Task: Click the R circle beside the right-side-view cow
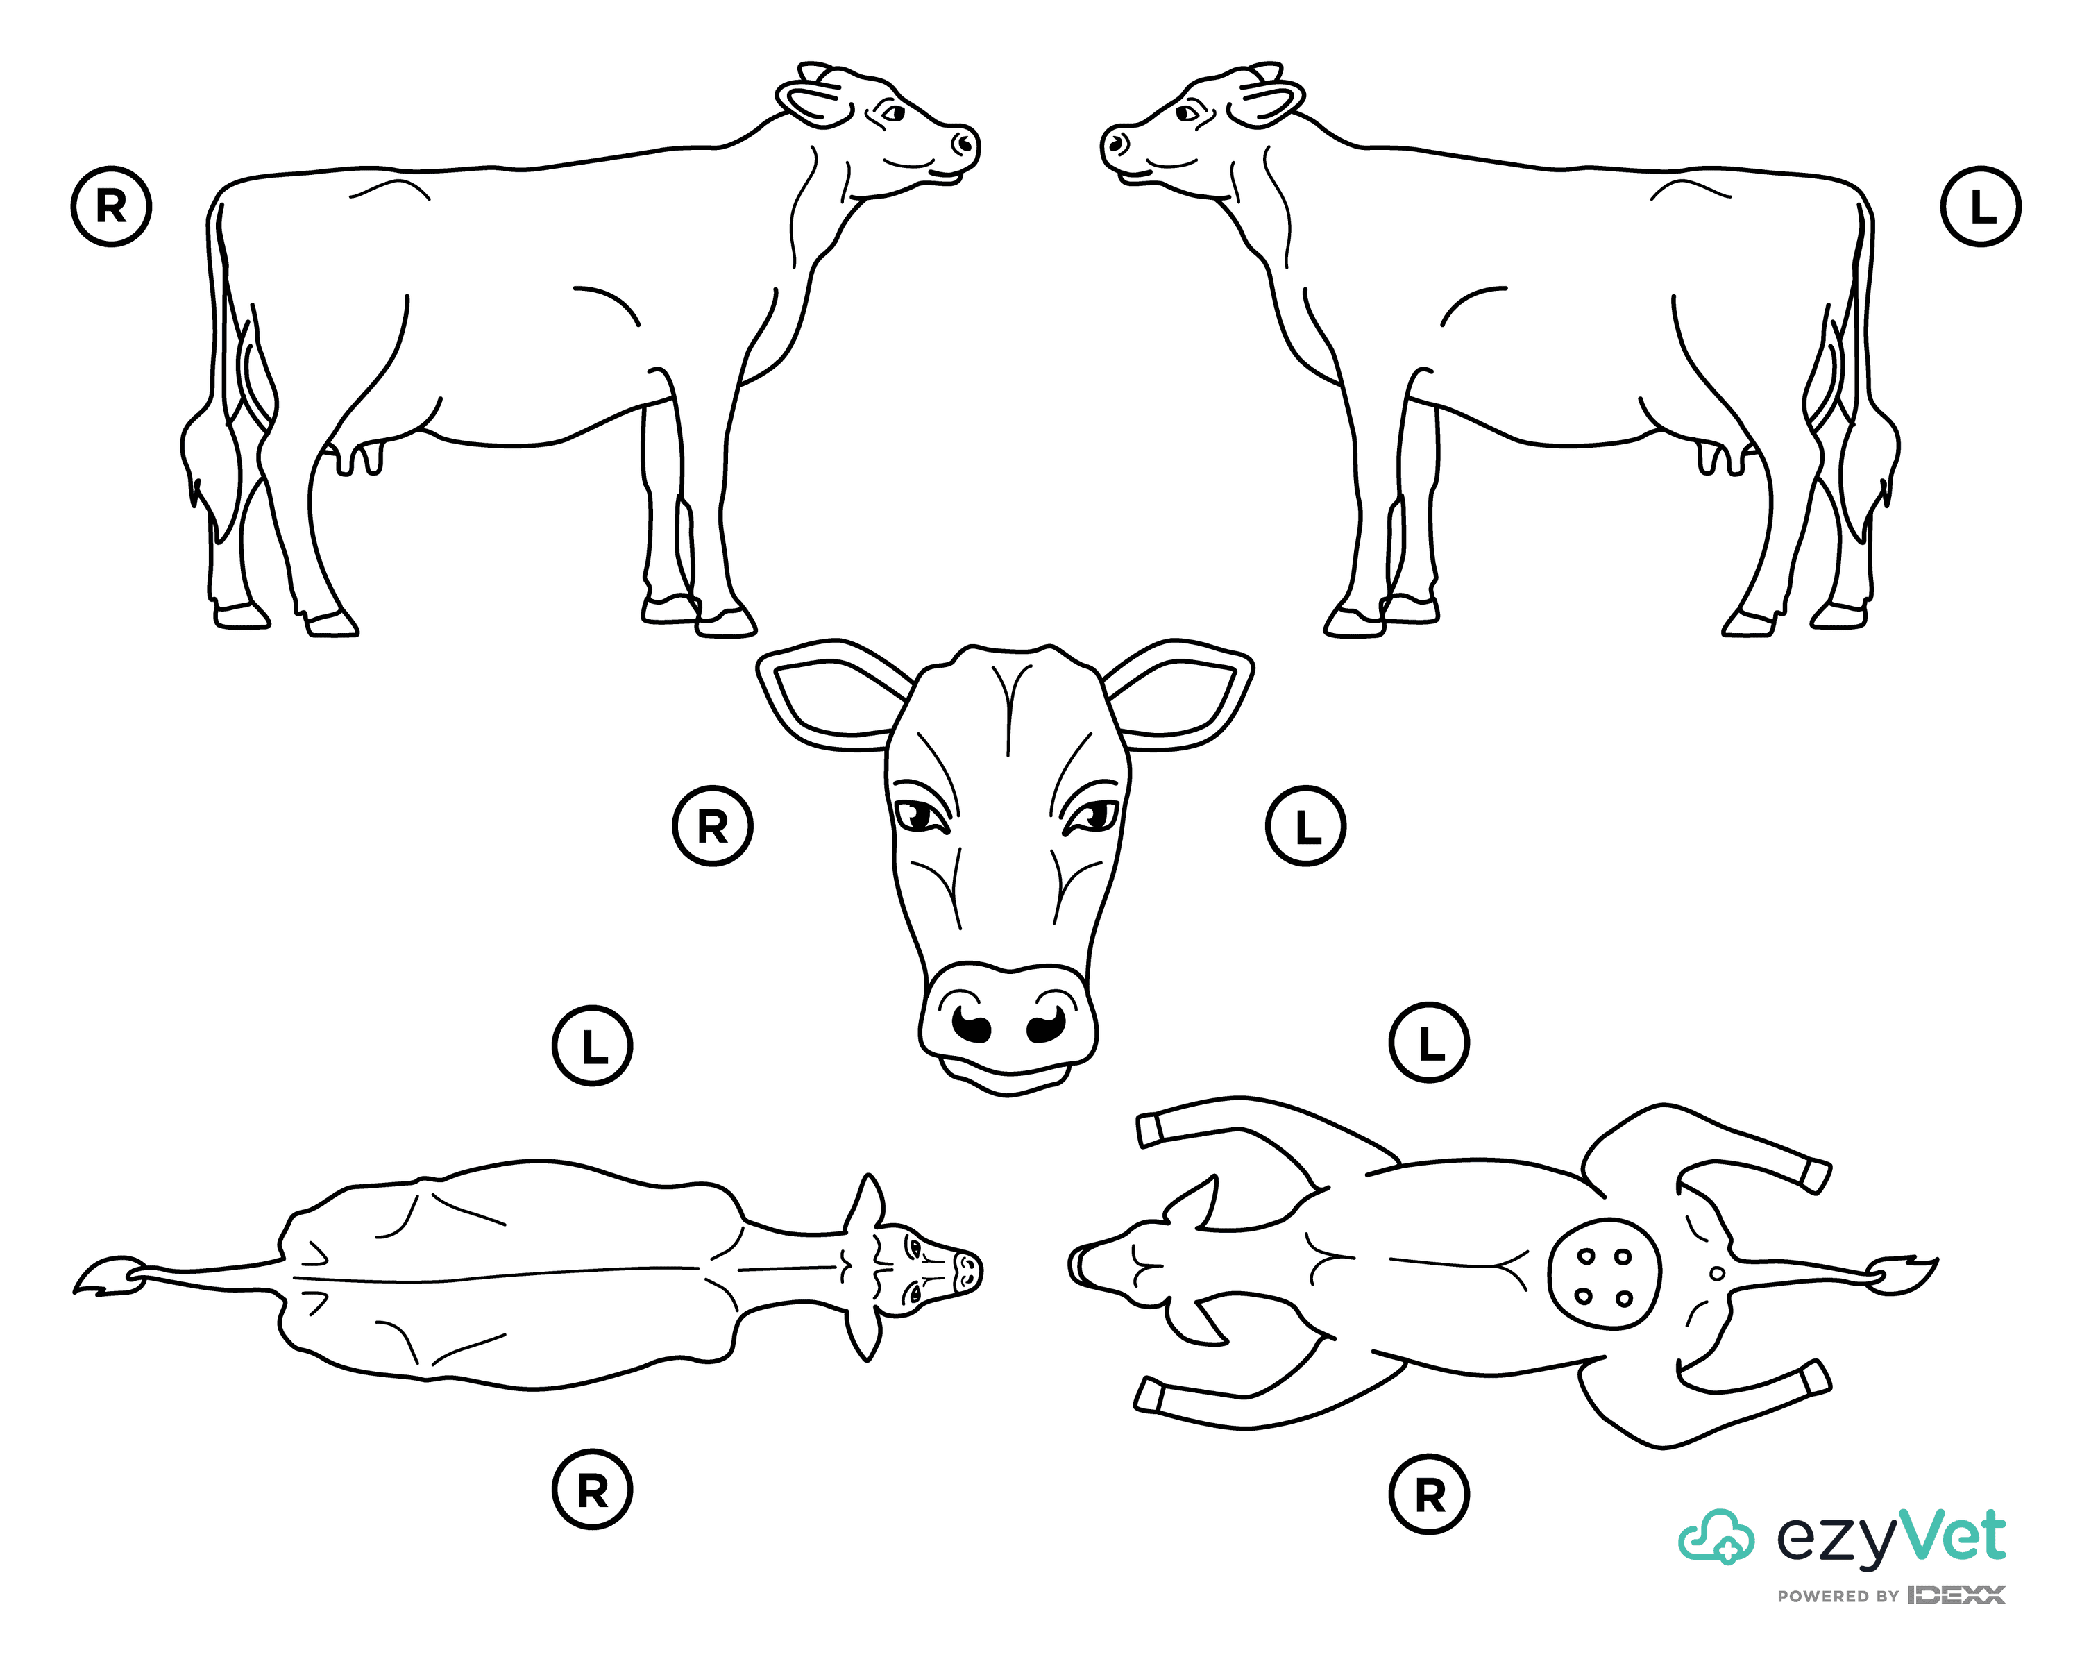pyautogui.click(x=111, y=207)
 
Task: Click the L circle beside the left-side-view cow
pyautogui.click(x=1981, y=207)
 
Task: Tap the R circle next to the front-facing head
pyautogui.click(x=713, y=826)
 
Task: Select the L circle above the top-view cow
pyautogui.click(x=592, y=1046)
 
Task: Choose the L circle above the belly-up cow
pyautogui.click(x=1429, y=1043)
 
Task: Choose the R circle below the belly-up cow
pyautogui.click(x=1429, y=1495)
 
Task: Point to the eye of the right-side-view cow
pyautogui.click(x=893, y=113)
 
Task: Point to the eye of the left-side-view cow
pyautogui.click(x=1187, y=113)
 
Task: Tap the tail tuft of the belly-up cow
pyautogui.click(x=1902, y=1275)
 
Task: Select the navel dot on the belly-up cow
pyautogui.click(x=1716, y=1274)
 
